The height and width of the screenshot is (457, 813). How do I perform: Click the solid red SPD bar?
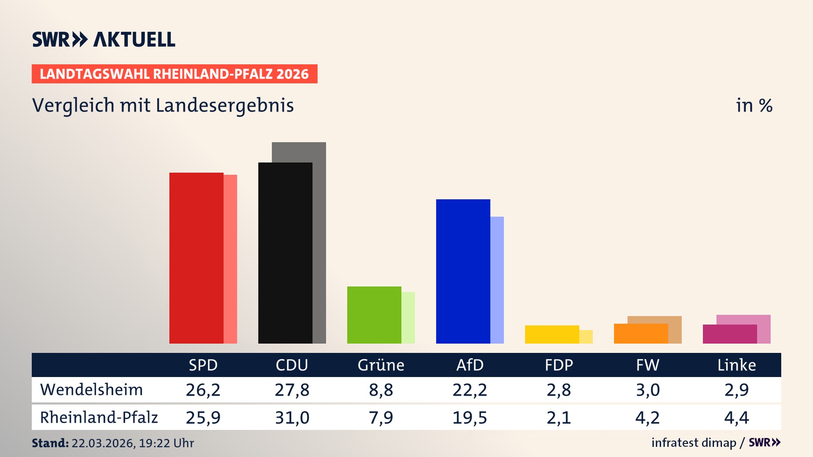196,258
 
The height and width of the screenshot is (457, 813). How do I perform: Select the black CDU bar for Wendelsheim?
285,253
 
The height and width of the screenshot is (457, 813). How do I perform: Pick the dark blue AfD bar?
463,271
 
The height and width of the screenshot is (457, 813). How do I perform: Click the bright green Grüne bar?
374,315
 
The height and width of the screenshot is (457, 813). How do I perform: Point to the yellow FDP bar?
552,334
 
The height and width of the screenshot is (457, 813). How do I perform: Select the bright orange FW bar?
641,334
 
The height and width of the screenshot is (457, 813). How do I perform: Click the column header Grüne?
381,365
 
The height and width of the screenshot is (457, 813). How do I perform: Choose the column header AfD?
470,365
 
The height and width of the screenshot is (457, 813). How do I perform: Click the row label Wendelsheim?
91,390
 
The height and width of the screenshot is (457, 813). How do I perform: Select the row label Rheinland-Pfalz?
99,418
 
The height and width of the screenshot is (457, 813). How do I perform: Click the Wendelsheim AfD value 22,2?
470,390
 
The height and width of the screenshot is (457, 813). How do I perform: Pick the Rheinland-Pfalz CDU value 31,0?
292,418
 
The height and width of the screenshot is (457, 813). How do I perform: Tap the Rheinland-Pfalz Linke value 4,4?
736,418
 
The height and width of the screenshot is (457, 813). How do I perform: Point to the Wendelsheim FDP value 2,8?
559,390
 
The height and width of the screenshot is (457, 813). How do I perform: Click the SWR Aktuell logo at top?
104,39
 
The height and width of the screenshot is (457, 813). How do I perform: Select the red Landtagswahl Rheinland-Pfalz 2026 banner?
174,74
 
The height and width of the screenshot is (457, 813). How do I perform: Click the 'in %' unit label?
754,105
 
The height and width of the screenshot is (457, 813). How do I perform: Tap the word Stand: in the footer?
50,443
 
